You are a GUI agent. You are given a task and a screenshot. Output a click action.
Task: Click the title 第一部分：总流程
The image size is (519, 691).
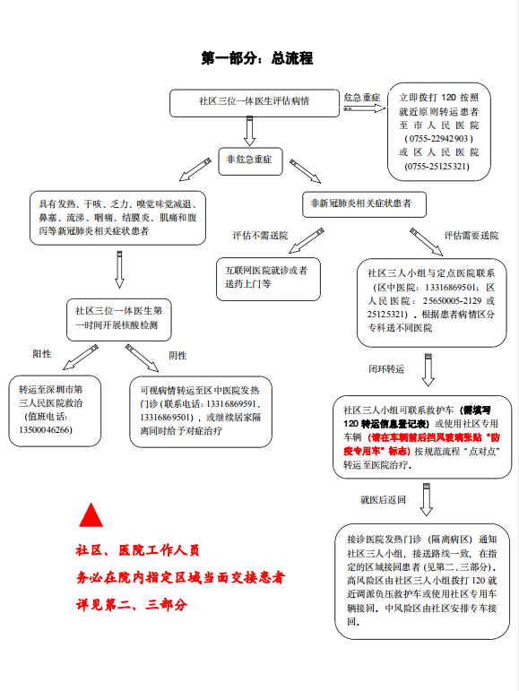(257, 57)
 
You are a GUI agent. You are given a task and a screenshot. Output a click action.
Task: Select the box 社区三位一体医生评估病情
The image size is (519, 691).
(255, 103)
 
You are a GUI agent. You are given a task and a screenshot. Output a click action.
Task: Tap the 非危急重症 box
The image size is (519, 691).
(250, 161)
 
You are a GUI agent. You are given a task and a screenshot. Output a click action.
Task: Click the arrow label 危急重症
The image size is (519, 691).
(361, 98)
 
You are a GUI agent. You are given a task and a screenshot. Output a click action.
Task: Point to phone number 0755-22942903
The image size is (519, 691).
(438, 138)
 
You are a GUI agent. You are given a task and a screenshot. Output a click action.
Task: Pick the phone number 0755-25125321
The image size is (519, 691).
(437, 166)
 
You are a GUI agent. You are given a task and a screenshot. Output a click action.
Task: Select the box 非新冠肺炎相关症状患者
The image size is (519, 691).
(364, 204)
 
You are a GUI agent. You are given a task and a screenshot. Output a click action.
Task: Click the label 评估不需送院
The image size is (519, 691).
(260, 236)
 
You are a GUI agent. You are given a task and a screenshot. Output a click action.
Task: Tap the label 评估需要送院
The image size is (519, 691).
(471, 236)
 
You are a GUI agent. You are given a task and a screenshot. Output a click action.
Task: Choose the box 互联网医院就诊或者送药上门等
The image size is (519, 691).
(268, 280)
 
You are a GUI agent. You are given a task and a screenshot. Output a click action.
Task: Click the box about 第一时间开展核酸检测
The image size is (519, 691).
(119, 319)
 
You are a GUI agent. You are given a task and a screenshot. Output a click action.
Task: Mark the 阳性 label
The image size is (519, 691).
(42, 353)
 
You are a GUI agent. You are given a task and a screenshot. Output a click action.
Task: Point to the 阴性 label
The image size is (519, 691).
(177, 355)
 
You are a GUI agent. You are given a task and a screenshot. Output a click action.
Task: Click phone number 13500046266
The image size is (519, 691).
(46, 429)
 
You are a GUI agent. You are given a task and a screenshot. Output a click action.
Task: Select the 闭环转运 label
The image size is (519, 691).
(386, 369)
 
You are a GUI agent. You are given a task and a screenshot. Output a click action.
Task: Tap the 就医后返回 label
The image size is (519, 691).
(383, 500)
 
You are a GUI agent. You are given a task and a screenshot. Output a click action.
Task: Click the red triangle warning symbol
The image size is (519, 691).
(91, 515)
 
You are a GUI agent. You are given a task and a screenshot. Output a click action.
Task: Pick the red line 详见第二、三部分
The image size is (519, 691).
(132, 605)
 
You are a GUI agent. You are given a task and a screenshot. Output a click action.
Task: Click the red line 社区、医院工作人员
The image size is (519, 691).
(137, 550)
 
